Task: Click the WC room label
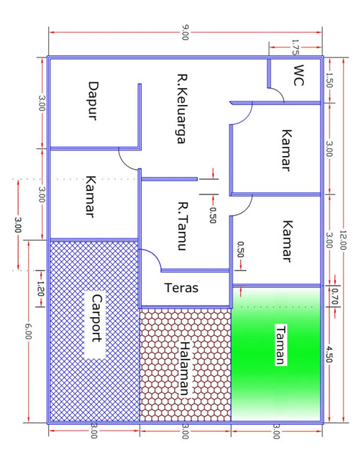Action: coord(298,75)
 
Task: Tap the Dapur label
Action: coord(93,101)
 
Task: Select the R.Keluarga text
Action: coord(182,109)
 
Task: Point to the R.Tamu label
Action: coord(183,226)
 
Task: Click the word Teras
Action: coord(181,288)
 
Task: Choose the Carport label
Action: coord(97,319)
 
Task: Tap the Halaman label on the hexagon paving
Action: coord(185,369)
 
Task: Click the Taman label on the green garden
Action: coord(281,345)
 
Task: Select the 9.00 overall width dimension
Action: coord(185,33)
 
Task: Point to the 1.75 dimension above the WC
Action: coord(295,48)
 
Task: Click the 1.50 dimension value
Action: coord(330,80)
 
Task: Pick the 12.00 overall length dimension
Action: coord(343,240)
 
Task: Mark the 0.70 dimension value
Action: coord(335,296)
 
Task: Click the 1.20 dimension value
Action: coord(40,289)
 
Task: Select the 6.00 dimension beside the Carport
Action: coord(28,332)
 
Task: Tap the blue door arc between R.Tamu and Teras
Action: coord(154,255)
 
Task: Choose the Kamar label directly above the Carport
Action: coord(91,196)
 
